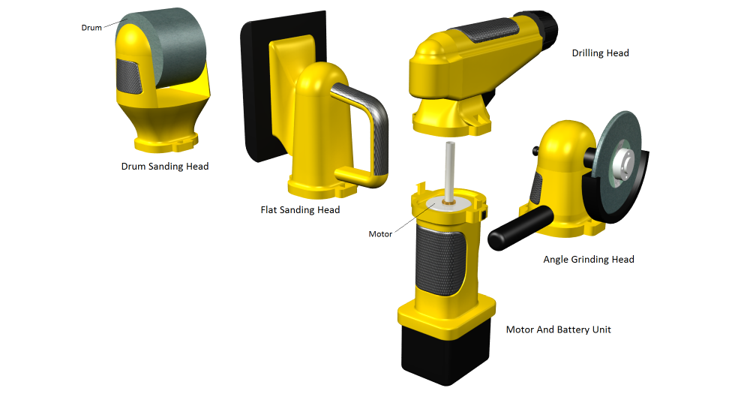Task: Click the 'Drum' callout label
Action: (x=91, y=28)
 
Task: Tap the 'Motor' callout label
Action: (x=380, y=234)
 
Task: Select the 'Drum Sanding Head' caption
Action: (x=165, y=167)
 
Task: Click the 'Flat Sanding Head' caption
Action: (x=301, y=209)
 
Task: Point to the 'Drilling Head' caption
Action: (x=600, y=53)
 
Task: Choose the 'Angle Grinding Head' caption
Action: (x=589, y=260)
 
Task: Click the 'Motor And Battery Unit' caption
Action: (x=558, y=329)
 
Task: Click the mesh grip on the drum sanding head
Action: (x=129, y=77)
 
